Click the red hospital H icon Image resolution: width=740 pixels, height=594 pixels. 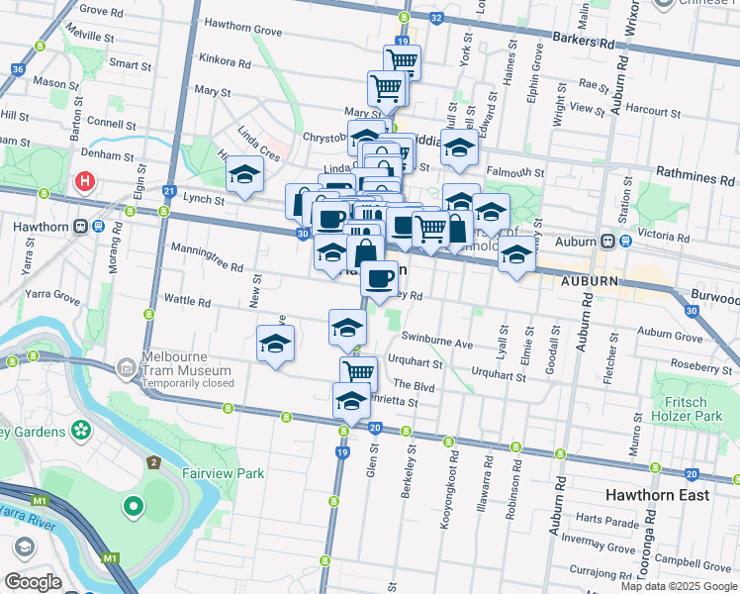[x=85, y=182]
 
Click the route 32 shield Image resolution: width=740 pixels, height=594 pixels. [x=437, y=18]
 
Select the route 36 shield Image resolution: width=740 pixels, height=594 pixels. [x=18, y=69]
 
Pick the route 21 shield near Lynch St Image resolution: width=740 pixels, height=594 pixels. [x=170, y=191]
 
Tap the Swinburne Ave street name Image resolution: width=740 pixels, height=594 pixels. [x=436, y=342]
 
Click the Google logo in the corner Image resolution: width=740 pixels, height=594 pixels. [x=33, y=582]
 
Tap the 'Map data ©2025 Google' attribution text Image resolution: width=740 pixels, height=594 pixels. [x=678, y=586]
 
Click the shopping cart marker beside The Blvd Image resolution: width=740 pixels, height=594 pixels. [x=358, y=372]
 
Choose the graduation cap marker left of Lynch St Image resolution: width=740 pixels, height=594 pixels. [x=244, y=176]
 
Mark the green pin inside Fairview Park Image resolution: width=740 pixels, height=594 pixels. [x=133, y=508]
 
